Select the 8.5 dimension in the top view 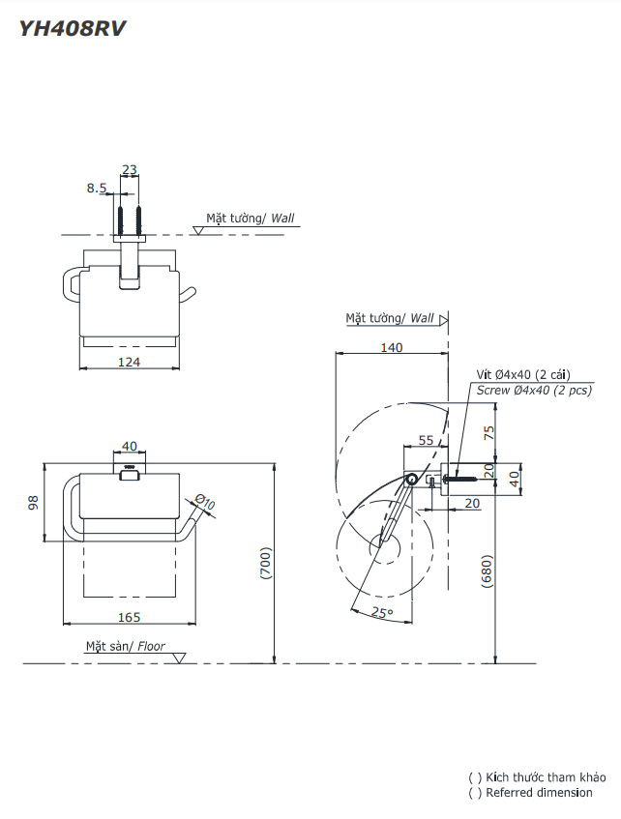coord(96,189)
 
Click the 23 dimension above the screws coord(129,170)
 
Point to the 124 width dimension coord(129,362)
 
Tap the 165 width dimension coord(129,617)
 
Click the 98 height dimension coord(33,503)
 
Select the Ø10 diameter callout coord(204,502)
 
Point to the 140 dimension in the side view coord(391,348)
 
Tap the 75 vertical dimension coord(488,433)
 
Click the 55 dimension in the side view coord(426,440)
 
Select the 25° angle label coord(382,613)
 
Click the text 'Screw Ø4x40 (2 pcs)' coord(534,391)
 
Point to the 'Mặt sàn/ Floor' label coord(125,646)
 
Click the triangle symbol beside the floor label coord(179,658)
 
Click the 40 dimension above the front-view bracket coord(129,447)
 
